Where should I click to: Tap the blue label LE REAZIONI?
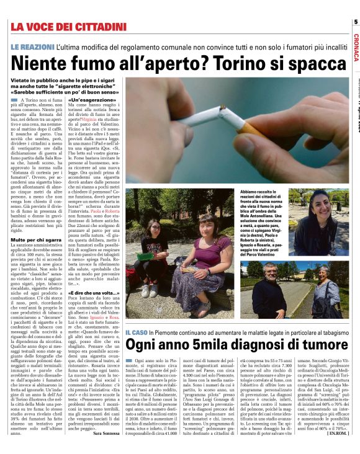[x=29, y=48]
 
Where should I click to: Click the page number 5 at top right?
[x=356, y=22]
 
